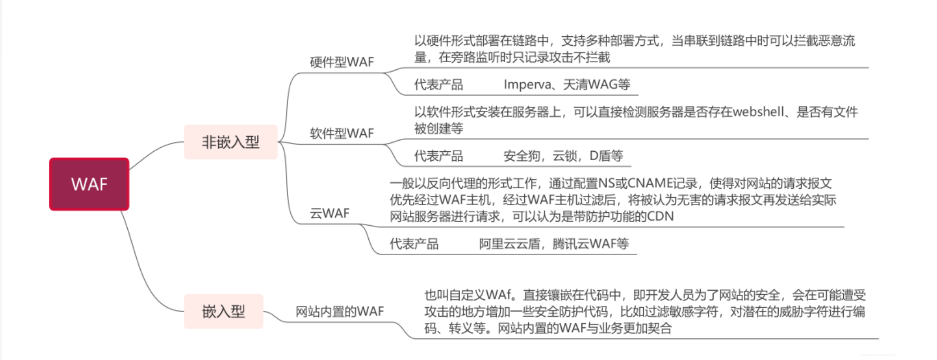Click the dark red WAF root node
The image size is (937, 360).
click(89, 184)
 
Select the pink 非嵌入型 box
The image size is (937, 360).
click(230, 142)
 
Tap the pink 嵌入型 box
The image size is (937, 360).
click(223, 311)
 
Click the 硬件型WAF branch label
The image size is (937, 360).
click(341, 62)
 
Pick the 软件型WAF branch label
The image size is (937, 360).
click(341, 134)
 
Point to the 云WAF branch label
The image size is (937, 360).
click(329, 213)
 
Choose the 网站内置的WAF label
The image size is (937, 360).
click(339, 311)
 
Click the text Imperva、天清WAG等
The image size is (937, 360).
click(566, 84)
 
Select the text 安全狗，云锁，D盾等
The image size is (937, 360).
click(563, 156)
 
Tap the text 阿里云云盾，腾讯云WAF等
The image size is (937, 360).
click(554, 244)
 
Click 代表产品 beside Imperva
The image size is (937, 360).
click(438, 84)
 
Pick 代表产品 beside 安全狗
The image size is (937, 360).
click(438, 156)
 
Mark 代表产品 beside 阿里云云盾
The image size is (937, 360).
click(414, 244)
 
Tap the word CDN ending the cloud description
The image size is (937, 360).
click(660, 216)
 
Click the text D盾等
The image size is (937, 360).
click(606, 156)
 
